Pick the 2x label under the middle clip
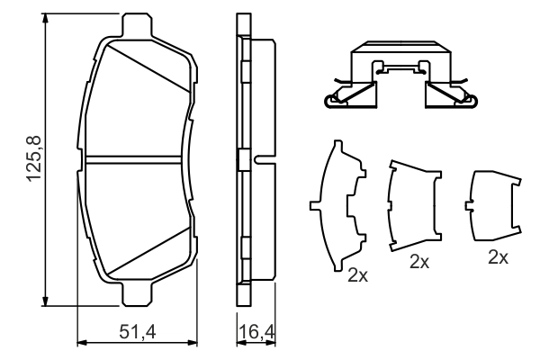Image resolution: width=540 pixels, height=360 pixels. (x=418, y=262)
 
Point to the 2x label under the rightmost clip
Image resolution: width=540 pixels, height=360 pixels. (x=498, y=256)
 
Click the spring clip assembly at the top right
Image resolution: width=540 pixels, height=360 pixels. (x=396, y=79)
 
